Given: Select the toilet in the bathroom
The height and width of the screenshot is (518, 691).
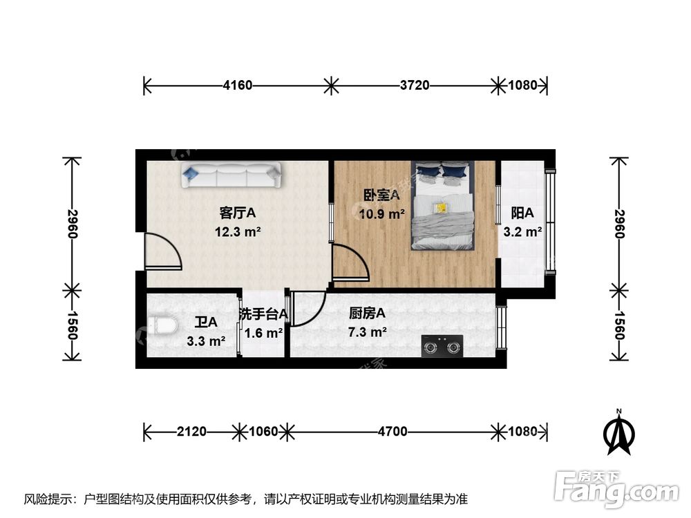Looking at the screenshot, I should [x=160, y=325].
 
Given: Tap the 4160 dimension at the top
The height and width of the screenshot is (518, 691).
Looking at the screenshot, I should [x=237, y=86].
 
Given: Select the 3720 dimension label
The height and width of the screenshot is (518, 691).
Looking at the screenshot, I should [x=415, y=86].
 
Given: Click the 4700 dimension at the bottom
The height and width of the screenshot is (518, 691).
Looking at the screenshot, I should [x=392, y=432].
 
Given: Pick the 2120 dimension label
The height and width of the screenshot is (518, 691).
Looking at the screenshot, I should [x=191, y=432].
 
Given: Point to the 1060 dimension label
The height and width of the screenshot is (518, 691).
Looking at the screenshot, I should [x=263, y=432].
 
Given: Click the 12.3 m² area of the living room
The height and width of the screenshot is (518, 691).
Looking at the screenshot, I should [x=237, y=232].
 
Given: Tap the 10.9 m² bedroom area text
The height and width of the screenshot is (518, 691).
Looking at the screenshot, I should [x=381, y=214].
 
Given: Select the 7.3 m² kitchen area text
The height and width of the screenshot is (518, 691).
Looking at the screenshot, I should [x=368, y=332].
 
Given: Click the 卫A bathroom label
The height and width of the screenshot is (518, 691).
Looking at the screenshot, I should [x=206, y=322].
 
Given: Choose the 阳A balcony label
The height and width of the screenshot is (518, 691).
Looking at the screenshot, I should [x=522, y=213].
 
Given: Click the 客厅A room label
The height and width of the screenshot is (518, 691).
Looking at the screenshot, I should [x=237, y=213].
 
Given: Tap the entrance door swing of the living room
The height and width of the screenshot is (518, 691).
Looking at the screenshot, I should [x=163, y=250].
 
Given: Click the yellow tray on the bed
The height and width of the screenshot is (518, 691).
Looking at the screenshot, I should [x=440, y=207].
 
